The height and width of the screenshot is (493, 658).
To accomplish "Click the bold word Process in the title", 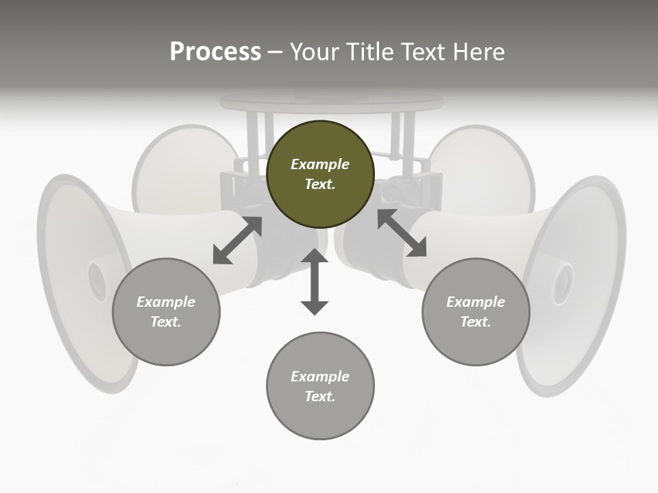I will click(215, 52).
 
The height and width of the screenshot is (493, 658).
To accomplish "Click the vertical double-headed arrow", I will click(315, 281).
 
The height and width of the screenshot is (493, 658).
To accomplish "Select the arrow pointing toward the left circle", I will click(237, 240).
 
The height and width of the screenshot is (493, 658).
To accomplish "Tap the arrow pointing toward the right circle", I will click(402, 233).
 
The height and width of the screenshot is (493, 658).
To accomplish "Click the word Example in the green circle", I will click(320, 164).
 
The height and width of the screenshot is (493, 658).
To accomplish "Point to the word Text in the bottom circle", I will click(320, 396).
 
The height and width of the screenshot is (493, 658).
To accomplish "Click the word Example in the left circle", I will click(166, 302).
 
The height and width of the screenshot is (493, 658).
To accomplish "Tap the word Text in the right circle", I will click(476, 322).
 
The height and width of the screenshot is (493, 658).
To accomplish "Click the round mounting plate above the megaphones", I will click(331, 103).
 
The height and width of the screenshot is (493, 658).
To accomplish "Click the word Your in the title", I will click(313, 52).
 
